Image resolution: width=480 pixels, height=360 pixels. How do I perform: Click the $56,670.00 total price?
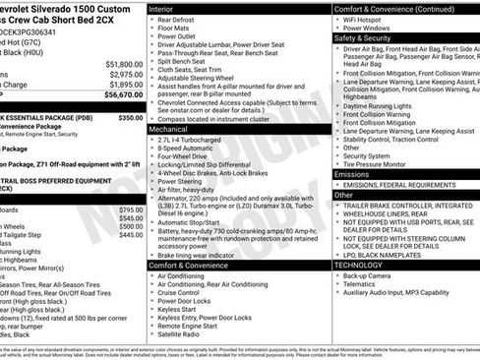(117, 95)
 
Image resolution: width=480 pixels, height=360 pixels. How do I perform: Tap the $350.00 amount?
(130, 117)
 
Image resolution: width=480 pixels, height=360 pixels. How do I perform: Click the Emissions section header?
(352, 174)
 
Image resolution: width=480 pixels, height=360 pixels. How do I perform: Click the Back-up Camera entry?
(366, 276)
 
